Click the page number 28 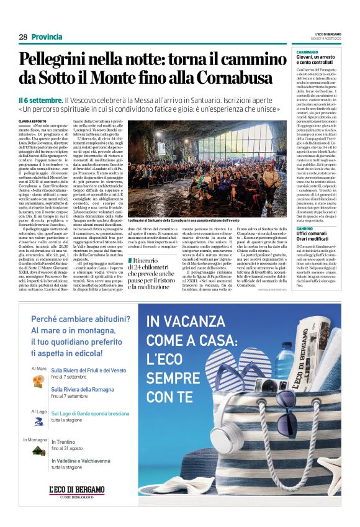coord(23,37)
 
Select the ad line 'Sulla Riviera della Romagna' coord(87,389)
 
